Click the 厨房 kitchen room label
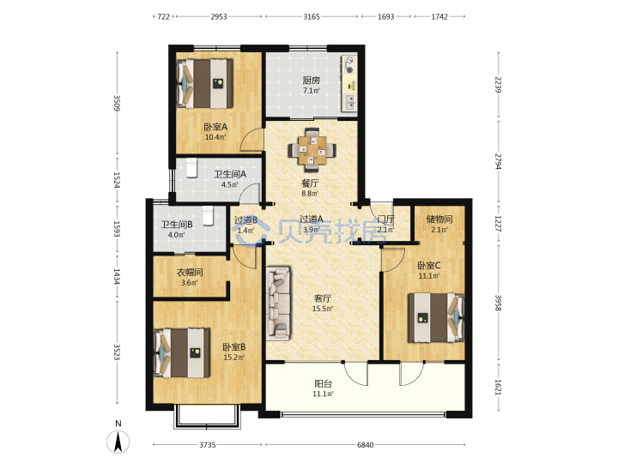click(x=312, y=81)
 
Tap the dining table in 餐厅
click(x=312, y=149)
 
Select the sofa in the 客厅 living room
click(x=279, y=304)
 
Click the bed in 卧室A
click(x=205, y=83)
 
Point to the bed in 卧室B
click(x=182, y=353)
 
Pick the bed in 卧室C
click(x=436, y=317)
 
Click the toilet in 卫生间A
click(x=191, y=168)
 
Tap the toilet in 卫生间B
click(x=208, y=216)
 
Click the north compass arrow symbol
click(x=118, y=442)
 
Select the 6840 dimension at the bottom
click(x=365, y=445)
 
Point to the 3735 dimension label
click(x=208, y=445)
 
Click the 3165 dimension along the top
click(x=312, y=16)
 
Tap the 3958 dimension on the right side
click(x=498, y=303)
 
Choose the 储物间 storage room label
click(x=439, y=219)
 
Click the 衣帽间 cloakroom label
click(x=190, y=273)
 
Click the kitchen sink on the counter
click(x=350, y=102)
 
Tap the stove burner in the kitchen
click(x=349, y=65)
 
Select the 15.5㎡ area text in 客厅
click(x=323, y=309)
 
